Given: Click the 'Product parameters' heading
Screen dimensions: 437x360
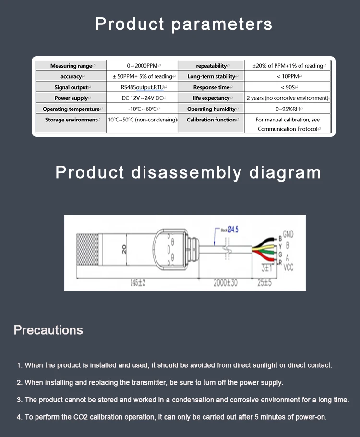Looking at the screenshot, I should point(184,24).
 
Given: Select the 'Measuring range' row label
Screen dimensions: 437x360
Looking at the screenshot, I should point(72,66).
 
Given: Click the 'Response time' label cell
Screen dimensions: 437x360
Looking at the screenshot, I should point(211,87).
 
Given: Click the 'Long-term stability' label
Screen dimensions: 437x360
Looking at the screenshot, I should point(211,76).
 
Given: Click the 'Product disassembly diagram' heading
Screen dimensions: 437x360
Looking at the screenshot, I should point(188,172).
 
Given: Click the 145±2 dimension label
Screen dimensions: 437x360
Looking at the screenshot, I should point(138,283).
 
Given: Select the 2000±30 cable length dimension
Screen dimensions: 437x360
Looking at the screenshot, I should point(226,283).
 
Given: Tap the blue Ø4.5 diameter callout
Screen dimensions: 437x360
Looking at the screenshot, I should point(232,230).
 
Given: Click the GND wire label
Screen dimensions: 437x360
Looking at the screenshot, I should point(288,235).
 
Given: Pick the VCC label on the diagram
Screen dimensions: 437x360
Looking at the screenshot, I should point(289,267).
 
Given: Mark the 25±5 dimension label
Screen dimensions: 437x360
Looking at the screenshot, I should point(264,283).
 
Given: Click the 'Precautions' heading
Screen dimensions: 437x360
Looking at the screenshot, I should point(48,330).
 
